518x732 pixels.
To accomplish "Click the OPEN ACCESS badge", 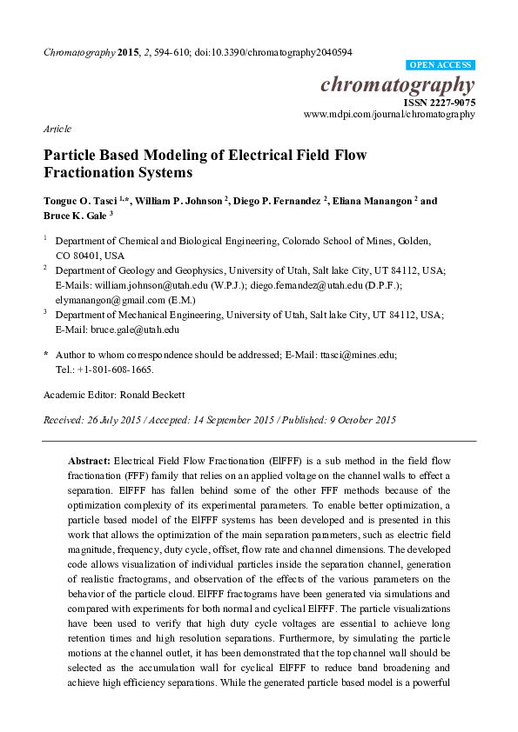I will [441, 65].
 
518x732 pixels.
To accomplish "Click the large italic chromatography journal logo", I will [398, 84].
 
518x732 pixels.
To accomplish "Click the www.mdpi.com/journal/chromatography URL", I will [389, 114].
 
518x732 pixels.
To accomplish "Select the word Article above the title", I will [57, 129].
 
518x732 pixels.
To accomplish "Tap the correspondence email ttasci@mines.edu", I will [350, 355].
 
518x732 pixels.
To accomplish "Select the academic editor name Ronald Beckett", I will [155, 395].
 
